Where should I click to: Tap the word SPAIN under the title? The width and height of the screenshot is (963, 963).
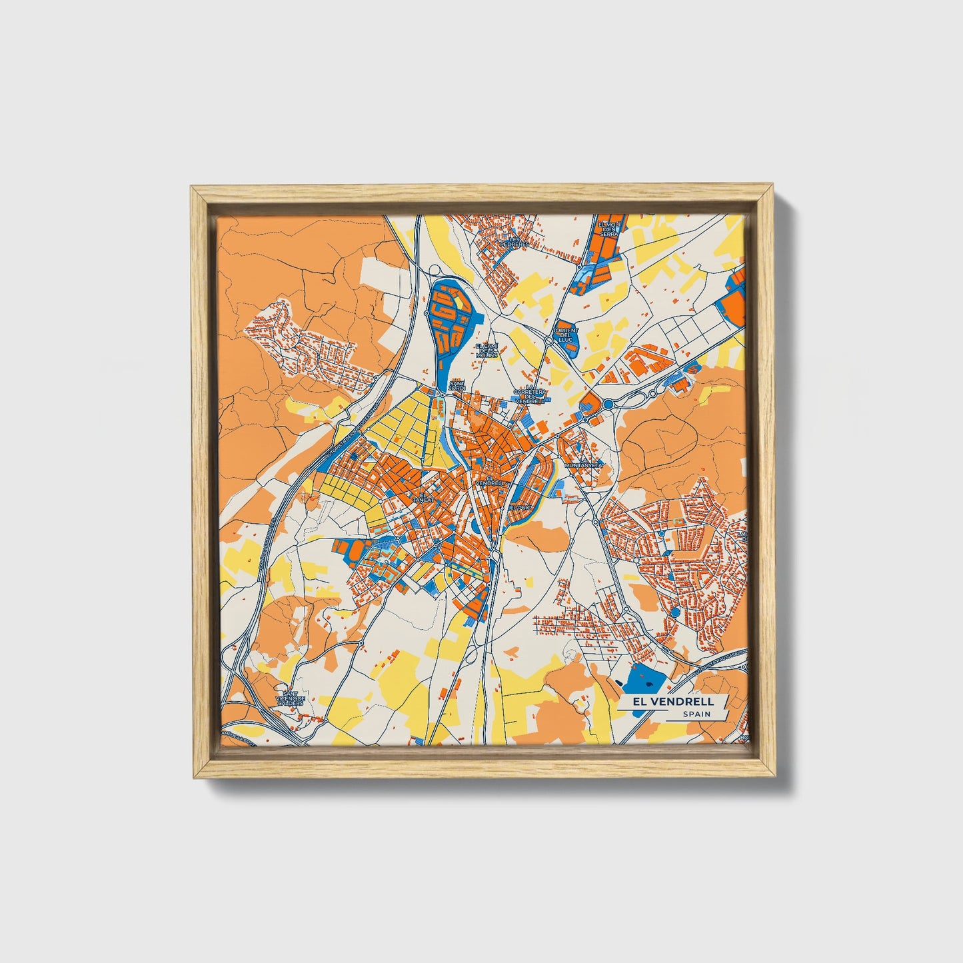[696, 714]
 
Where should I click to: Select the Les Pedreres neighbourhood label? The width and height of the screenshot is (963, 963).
[514, 241]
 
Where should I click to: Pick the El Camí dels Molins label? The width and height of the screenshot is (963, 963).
[486, 351]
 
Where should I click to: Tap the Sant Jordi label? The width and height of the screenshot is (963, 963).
[457, 386]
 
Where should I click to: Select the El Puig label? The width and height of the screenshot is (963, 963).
[519, 507]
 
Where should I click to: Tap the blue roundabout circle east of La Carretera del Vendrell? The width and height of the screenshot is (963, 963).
[608, 404]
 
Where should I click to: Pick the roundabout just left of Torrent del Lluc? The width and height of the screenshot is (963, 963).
[548, 339]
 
